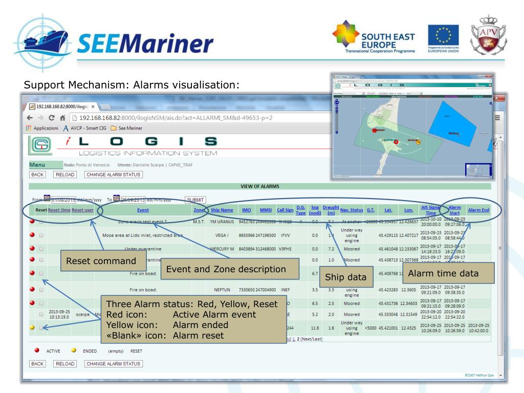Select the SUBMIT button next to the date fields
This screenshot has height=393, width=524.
point(195,199)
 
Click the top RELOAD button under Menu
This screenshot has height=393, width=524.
point(65,174)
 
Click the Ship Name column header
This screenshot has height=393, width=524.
point(222,210)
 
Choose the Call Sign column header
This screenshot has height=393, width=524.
point(285,210)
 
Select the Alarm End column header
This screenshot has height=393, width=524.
point(478,210)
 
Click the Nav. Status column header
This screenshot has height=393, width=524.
point(352,210)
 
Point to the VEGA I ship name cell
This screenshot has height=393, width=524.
point(222,235)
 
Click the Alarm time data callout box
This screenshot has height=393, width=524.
point(447,273)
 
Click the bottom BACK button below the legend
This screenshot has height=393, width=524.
point(37,364)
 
